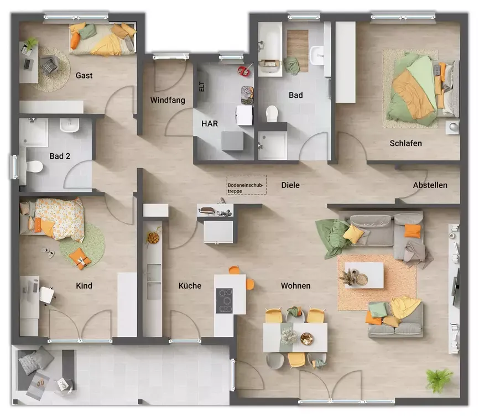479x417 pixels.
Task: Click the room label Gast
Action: tap(84, 75)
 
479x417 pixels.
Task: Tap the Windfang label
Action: tap(167, 100)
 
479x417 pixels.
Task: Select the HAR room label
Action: tap(209, 124)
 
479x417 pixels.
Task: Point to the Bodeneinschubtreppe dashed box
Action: tap(246, 185)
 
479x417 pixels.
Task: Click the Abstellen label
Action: tap(430, 185)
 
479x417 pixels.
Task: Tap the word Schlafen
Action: tap(405, 143)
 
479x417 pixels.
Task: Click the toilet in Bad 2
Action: tap(35, 165)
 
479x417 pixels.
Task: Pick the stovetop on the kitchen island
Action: tap(224, 300)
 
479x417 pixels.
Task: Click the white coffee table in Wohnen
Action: tap(363, 275)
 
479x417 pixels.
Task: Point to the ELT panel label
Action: tap(201, 86)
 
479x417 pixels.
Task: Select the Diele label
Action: tap(290, 185)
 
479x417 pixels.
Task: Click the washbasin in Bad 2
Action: tap(70, 127)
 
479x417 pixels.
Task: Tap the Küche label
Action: tap(190, 286)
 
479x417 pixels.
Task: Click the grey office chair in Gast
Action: tap(49, 66)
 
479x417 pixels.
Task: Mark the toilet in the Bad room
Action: tap(272, 114)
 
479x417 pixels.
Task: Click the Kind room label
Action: tap(84, 286)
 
